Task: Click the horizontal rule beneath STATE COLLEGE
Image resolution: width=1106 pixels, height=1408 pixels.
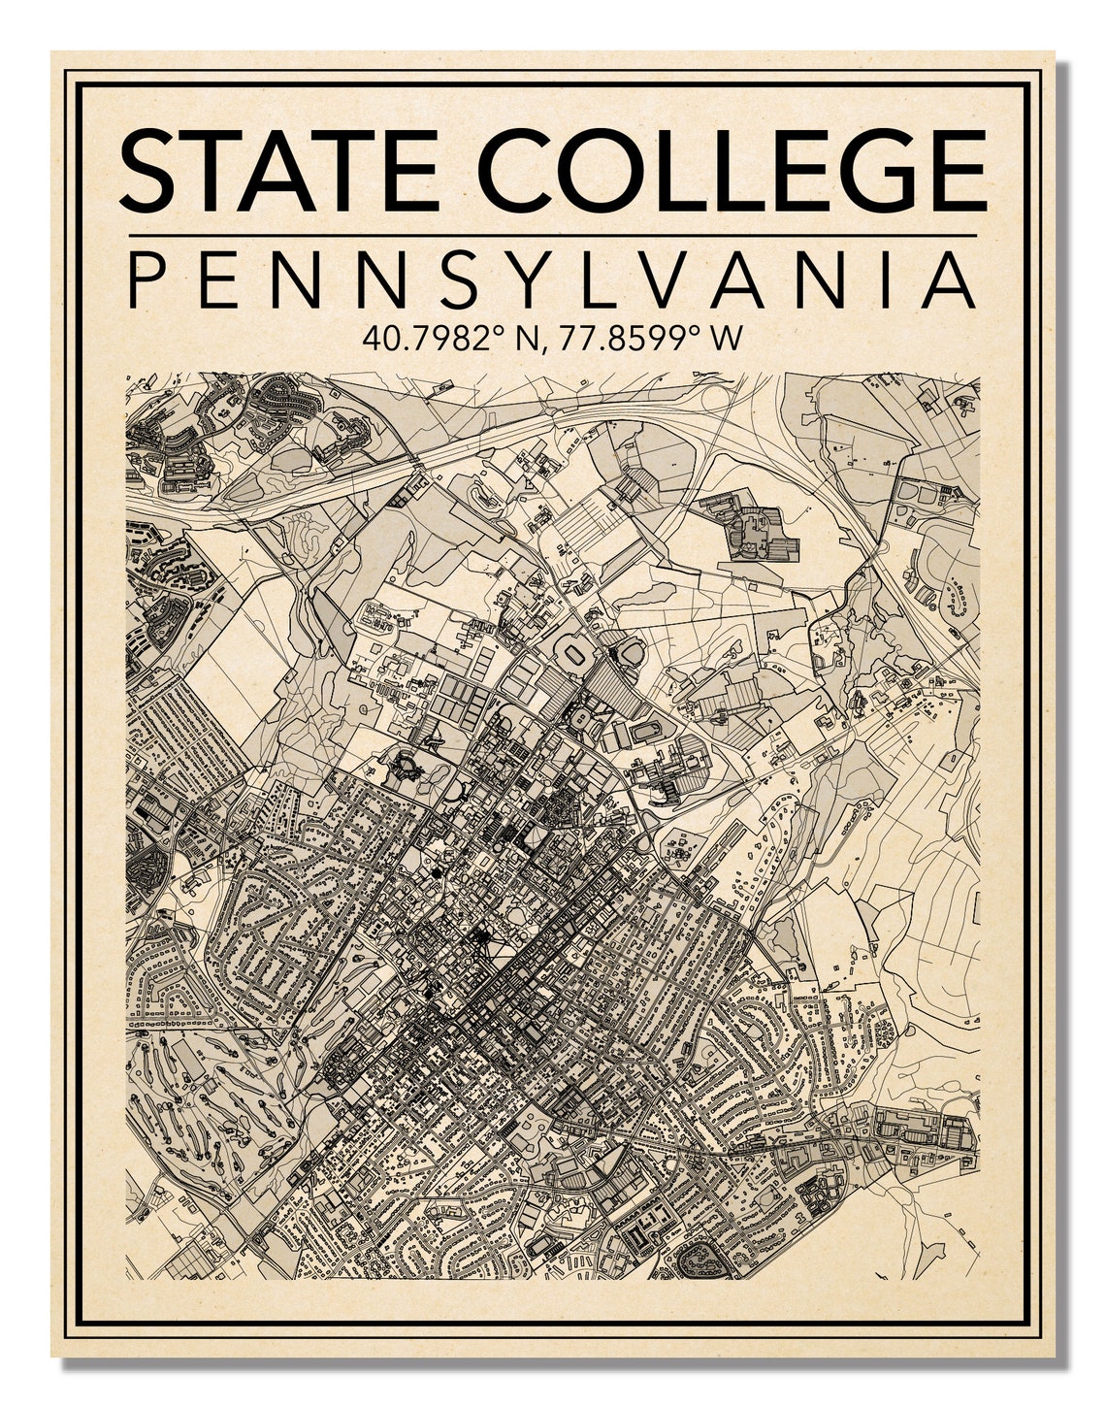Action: click(552, 235)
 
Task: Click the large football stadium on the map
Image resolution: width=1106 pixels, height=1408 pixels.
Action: click(575, 655)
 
